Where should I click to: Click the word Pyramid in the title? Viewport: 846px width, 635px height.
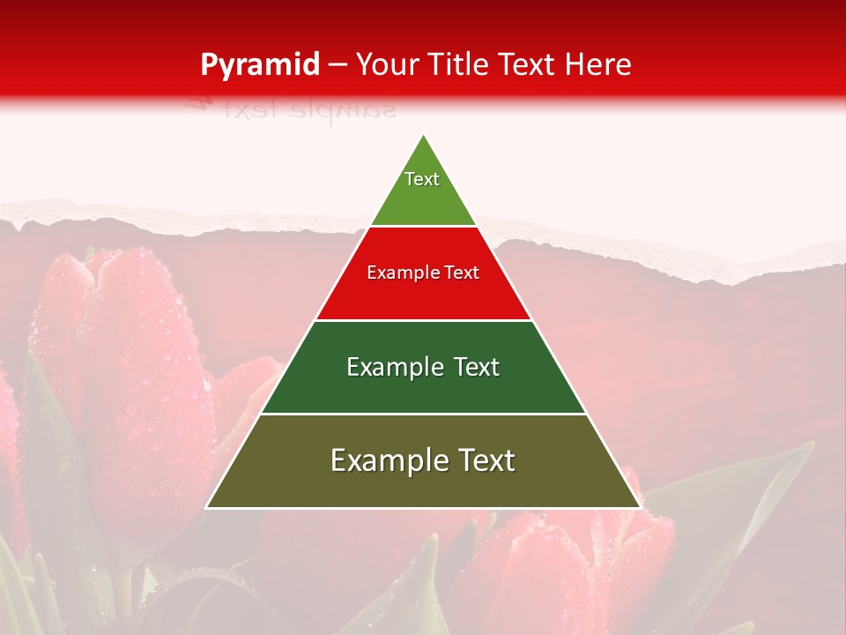tap(259, 65)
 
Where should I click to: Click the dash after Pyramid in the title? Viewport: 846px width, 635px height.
tap(337, 65)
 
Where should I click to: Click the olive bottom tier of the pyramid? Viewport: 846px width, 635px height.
tap(423, 485)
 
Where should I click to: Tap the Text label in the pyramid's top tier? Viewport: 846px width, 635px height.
tap(422, 179)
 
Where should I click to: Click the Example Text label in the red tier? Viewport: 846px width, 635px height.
tap(423, 273)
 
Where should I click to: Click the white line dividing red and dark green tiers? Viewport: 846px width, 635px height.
tap(423, 320)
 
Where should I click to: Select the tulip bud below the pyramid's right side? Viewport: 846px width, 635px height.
tap(546, 564)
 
